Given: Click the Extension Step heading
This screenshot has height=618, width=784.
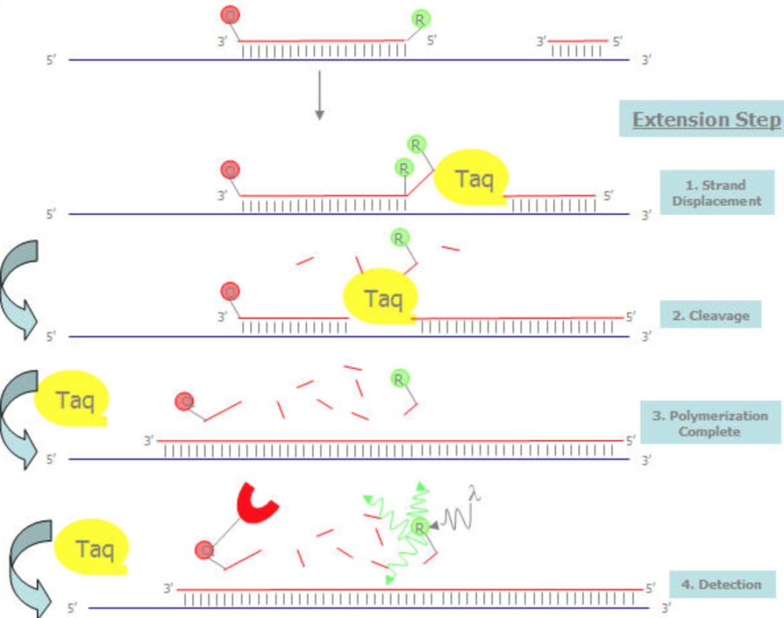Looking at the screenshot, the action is point(706,119).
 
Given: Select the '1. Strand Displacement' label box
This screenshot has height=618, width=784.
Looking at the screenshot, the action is point(717,193).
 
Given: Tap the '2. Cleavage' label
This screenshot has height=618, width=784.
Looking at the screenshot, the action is point(711,315).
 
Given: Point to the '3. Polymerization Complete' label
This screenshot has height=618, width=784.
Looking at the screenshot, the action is point(710,423).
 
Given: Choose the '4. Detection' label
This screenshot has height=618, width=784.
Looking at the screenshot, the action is point(722,584).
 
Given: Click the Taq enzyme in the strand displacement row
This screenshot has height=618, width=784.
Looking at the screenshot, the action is point(472,177).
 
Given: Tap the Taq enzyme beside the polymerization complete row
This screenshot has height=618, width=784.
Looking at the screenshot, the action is point(71,399).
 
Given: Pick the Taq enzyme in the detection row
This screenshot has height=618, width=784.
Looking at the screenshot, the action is point(91,547).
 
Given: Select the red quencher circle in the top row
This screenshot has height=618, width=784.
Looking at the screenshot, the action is point(230,15).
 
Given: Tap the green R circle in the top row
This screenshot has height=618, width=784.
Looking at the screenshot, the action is point(420,20).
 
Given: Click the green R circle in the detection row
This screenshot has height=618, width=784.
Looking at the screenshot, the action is point(420,527).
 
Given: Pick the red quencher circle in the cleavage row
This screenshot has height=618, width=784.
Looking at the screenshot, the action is point(230,291).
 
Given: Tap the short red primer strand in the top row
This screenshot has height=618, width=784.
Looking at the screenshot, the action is point(579,41).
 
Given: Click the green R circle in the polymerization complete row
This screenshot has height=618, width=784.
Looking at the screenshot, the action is point(399,379).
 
